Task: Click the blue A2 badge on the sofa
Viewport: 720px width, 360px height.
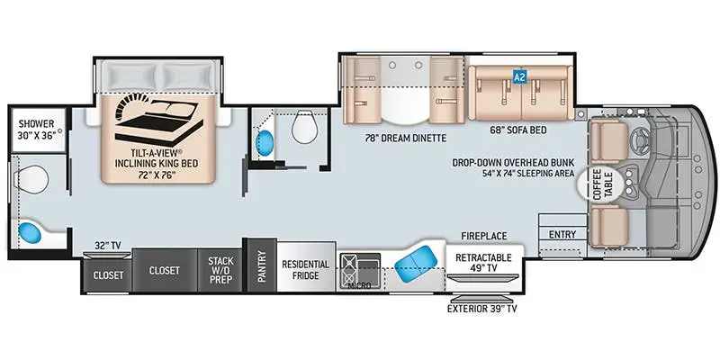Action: (518, 77)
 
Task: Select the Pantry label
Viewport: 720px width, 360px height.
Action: (262, 266)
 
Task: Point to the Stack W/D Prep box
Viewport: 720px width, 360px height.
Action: (220, 270)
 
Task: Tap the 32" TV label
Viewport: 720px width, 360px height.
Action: (107, 244)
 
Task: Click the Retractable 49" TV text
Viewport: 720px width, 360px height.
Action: (484, 264)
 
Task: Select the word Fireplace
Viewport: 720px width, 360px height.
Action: (484, 236)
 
